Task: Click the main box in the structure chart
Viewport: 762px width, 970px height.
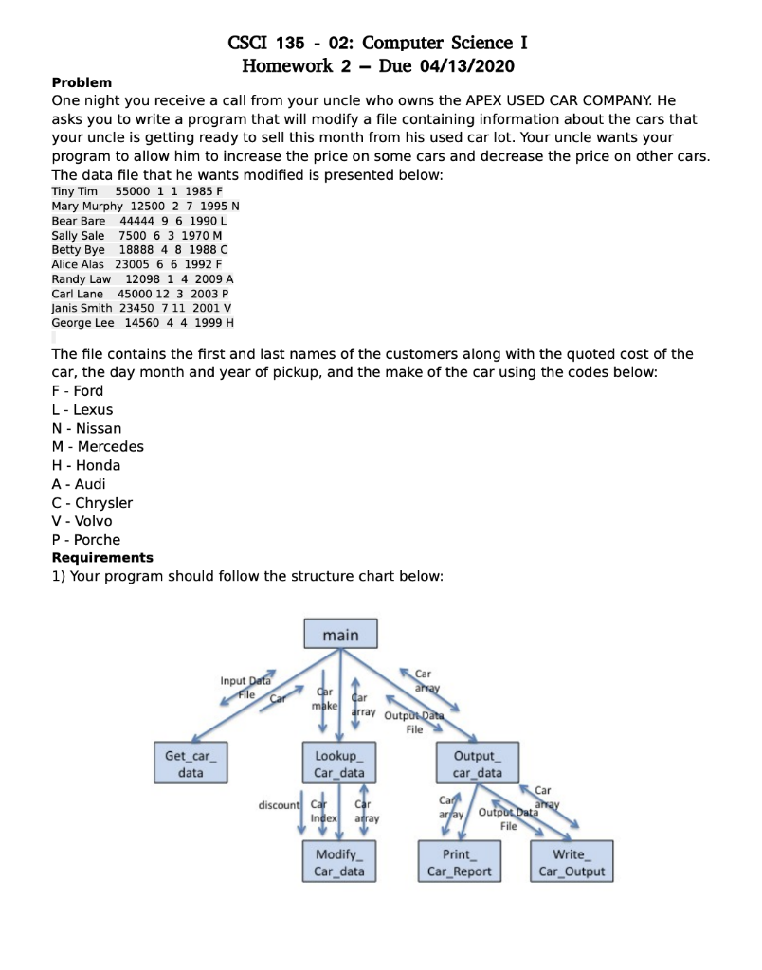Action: [340, 635]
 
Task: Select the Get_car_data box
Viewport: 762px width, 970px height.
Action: [190, 763]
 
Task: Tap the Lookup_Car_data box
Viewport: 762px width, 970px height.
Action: [338, 763]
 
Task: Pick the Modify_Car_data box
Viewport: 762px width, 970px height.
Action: [338, 862]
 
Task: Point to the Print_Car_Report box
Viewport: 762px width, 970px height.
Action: [459, 862]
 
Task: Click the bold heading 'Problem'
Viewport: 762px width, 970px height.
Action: [82, 82]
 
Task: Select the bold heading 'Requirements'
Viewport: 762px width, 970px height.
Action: [102, 557]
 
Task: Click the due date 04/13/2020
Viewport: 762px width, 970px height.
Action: [461, 65]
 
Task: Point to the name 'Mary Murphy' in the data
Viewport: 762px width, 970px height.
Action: [87, 206]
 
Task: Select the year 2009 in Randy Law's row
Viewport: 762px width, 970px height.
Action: [206, 279]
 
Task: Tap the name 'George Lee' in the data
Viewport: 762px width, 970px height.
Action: [82, 323]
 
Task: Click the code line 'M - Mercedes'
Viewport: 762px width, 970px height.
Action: [98, 446]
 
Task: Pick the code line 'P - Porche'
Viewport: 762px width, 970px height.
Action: [86, 539]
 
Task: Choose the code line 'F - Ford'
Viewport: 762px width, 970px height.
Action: [78, 390]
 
